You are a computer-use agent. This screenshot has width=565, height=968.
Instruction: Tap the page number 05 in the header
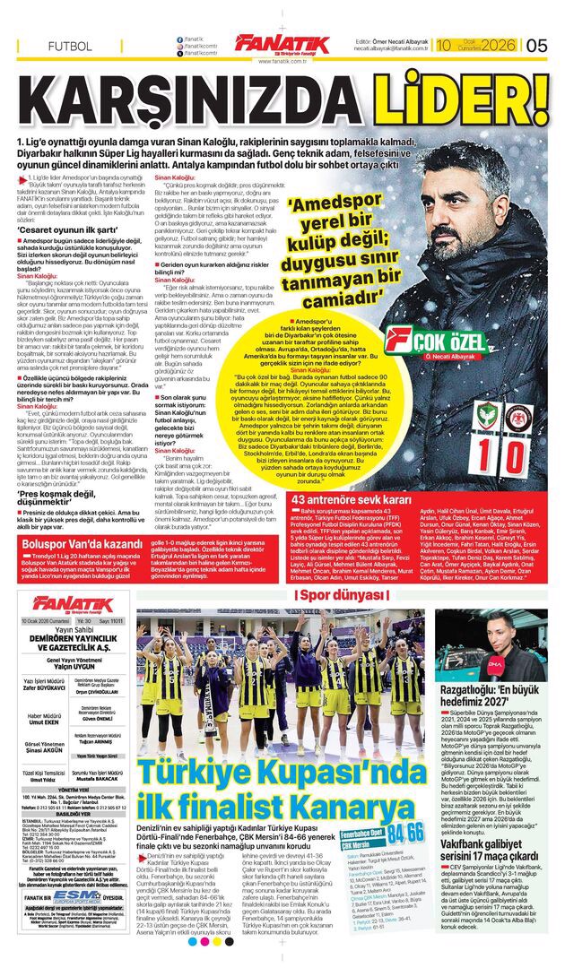[536, 45]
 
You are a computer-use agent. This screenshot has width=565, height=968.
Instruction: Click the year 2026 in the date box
[497, 45]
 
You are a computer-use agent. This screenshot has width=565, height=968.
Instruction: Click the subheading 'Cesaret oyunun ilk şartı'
[64, 229]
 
